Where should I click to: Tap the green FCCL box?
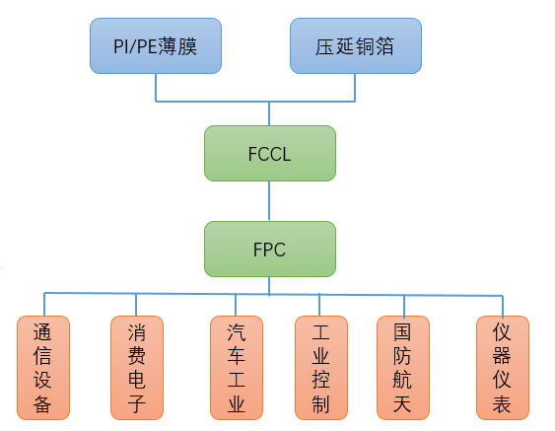(269, 153)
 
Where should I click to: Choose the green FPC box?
(269, 249)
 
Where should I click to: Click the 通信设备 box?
(43, 366)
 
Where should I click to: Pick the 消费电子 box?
(136, 366)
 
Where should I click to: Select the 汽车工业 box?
(237, 366)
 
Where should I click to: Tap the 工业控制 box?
(320, 366)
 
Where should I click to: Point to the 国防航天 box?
(403, 366)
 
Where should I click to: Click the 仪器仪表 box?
(502, 366)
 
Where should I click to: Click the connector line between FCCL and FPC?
(269, 201)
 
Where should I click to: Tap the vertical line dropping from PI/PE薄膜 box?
(156, 87)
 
